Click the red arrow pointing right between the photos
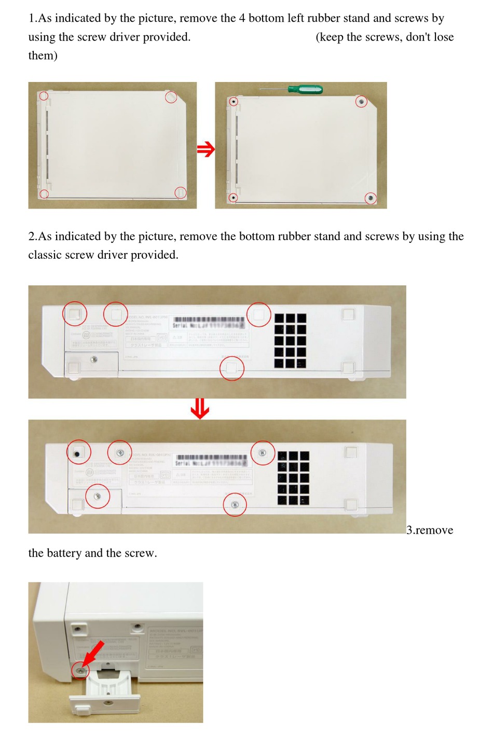pos(206,150)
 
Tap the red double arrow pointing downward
pos(200,409)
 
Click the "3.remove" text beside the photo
pos(430,530)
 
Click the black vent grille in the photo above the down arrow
pos(290,340)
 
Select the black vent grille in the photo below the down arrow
pos(293,478)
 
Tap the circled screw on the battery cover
pos(98,496)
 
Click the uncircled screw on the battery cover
pos(94,359)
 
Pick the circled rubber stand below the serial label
pos(231,368)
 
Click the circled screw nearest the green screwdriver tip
pos(234,102)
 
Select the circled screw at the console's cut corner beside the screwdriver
pos(361,102)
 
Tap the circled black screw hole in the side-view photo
pos(78,453)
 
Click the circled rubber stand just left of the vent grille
pos(258,314)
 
